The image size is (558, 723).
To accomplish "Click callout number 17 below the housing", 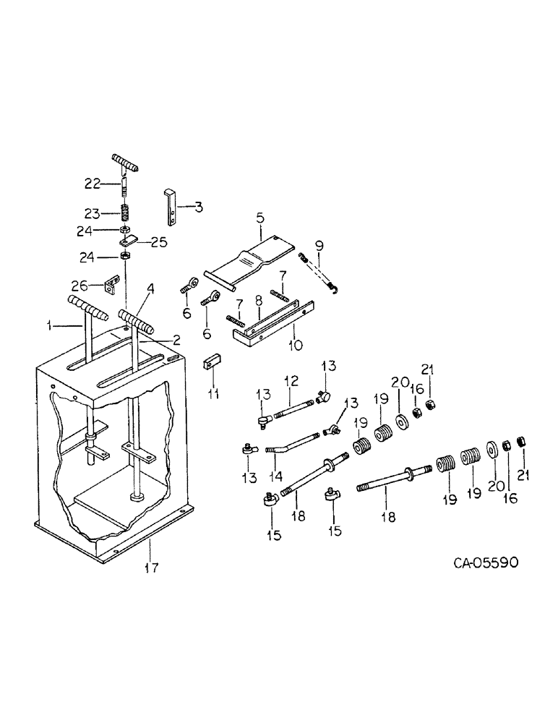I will tap(150, 568).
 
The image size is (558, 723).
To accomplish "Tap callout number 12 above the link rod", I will tap(291, 380).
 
